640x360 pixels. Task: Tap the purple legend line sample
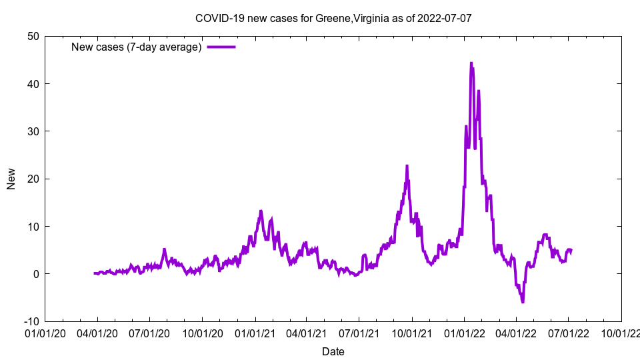[x=221, y=47]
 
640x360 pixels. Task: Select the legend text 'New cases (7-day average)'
[x=136, y=47]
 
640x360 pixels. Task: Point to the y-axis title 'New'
[x=11, y=179]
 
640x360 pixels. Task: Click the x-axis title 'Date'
[x=333, y=351]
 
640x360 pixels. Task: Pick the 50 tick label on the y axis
[x=33, y=36]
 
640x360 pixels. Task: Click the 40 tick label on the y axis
[x=33, y=84]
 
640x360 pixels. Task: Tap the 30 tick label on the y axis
[x=33, y=131]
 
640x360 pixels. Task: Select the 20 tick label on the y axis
[x=33, y=179]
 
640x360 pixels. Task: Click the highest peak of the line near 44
[x=471, y=63]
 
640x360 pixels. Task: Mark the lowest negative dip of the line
[x=523, y=302]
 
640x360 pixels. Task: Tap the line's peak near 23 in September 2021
[x=407, y=165]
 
